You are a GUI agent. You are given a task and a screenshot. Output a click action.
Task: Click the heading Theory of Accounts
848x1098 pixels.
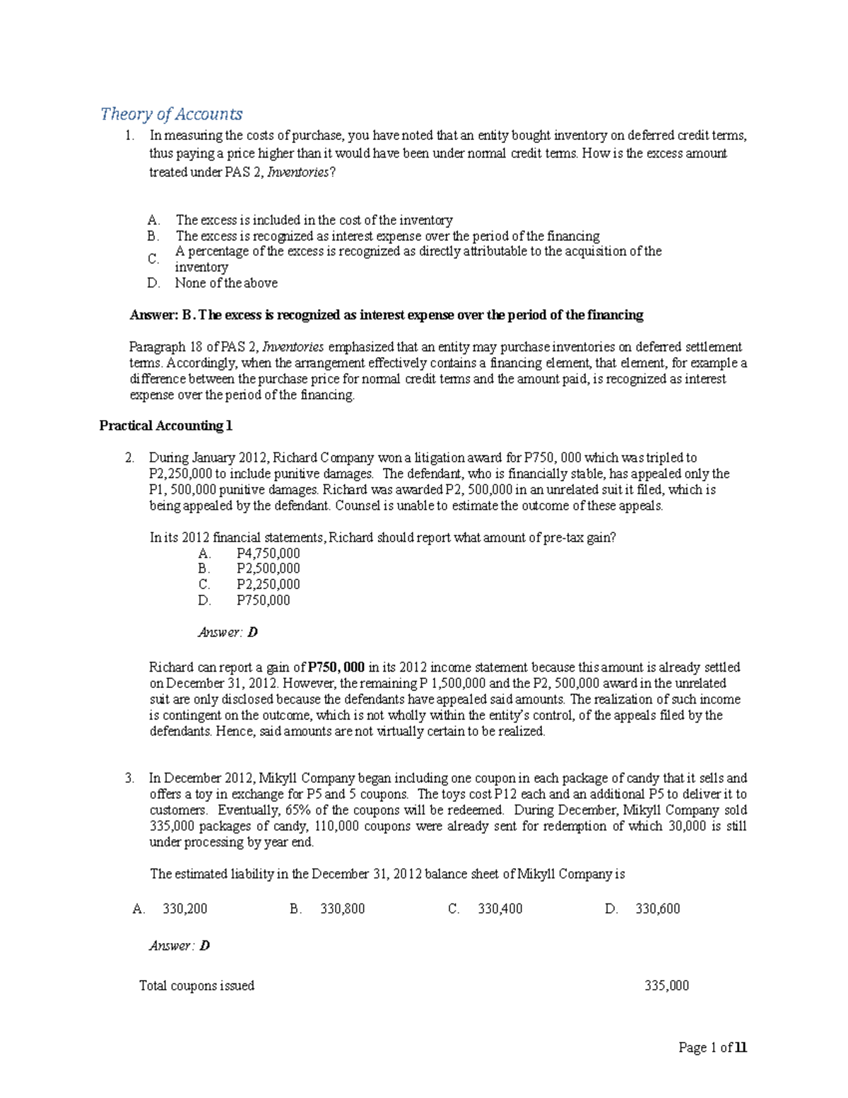click(171, 114)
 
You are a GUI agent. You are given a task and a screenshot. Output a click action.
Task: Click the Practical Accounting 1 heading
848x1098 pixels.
click(165, 426)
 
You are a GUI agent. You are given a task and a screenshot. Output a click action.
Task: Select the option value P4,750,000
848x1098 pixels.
click(268, 553)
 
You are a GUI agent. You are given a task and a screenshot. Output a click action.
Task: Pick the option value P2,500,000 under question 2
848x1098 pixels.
click(268, 568)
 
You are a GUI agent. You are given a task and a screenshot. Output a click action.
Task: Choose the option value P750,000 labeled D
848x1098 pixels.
click(263, 600)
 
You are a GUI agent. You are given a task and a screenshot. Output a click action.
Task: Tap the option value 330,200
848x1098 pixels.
click(184, 909)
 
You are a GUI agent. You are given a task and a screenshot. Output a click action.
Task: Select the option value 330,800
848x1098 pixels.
click(343, 909)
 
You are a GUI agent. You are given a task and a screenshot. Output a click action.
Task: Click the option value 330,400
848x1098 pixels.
click(500, 909)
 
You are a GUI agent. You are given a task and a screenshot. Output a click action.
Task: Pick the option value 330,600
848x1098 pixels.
click(658, 909)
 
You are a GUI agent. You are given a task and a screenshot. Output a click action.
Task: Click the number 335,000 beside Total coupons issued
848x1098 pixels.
click(666, 986)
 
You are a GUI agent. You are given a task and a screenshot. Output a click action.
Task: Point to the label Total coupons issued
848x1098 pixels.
click(196, 986)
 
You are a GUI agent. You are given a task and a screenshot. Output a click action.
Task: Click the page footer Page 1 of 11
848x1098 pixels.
click(712, 1048)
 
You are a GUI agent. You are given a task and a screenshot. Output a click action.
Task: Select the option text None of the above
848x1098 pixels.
click(226, 283)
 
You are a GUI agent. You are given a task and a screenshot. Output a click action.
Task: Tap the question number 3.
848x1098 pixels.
click(129, 778)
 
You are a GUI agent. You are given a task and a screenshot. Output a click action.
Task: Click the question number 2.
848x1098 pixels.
click(129, 457)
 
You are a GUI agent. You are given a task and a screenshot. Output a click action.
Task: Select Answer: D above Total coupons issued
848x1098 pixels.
click(179, 945)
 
